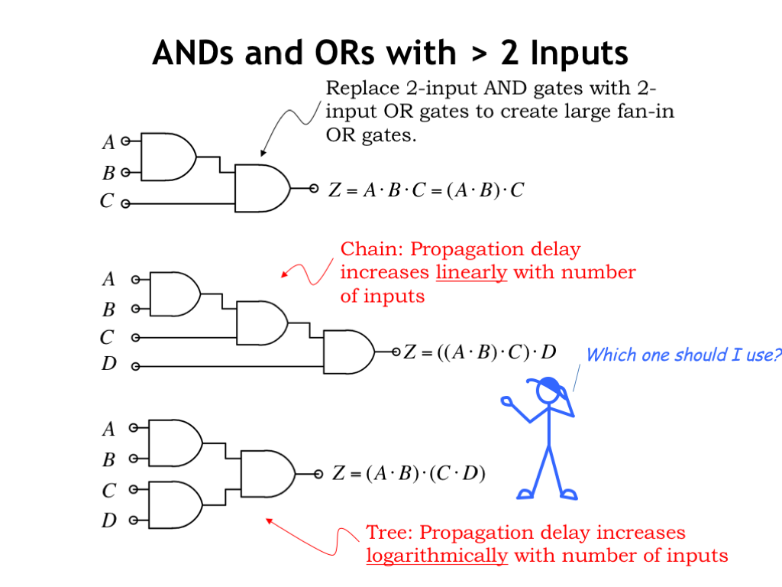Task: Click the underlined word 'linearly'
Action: [x=471, y=273]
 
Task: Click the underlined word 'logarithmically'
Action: [x=437, y=556]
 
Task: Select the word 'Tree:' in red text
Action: [x=390, y=532]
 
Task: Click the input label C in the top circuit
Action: [x=108, y=203]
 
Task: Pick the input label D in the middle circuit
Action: [x=109, y=365]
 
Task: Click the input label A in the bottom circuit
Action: [x=108, y=430]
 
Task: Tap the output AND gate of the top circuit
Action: [x=262, y=187]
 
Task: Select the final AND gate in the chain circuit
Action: [x=348, y=352]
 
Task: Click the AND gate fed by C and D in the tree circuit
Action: [x=175, y=504]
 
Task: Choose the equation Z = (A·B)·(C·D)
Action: [x=409, y=474]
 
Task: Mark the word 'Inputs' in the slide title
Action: [x=579, y=54]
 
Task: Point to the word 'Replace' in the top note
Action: [x=359, y=88]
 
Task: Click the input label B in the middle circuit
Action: [x=109, y=310]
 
